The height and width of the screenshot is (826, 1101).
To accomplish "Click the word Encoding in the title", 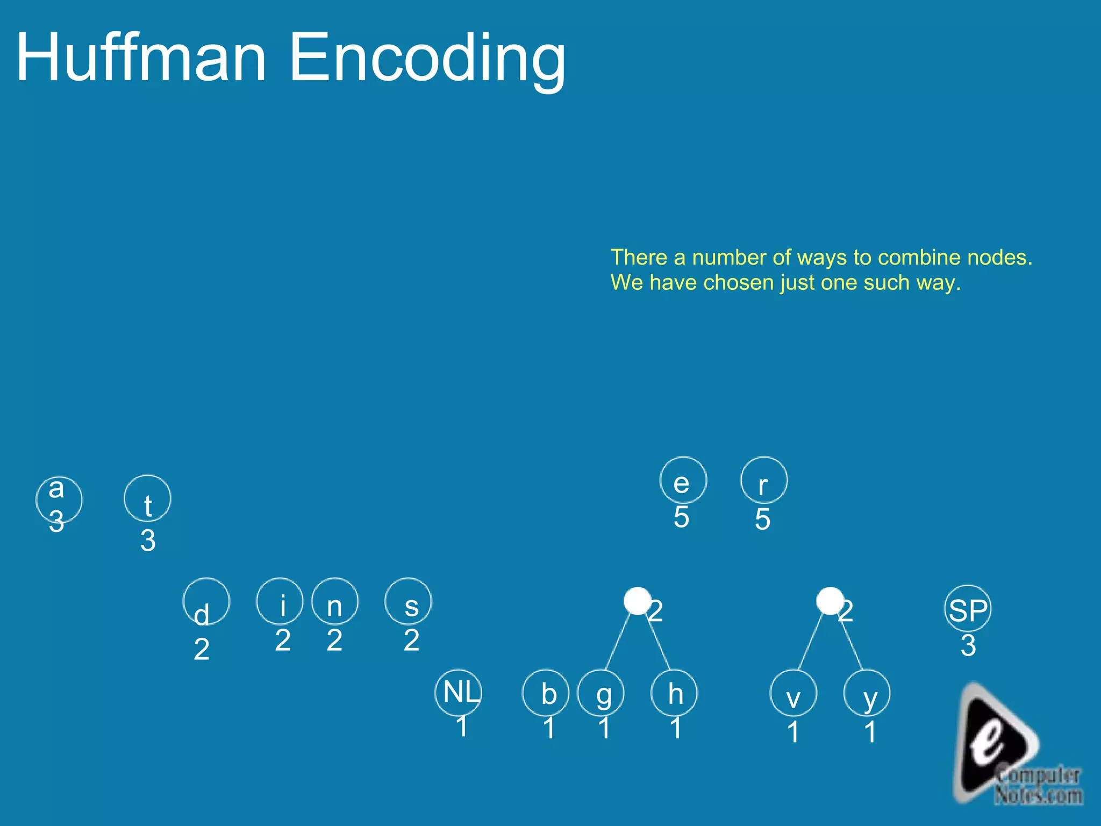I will point(427,58).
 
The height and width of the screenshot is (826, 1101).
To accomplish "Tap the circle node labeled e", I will point(683,480).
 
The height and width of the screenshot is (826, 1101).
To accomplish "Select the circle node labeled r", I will point(763,480).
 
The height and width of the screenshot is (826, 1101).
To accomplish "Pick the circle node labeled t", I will point(147,499).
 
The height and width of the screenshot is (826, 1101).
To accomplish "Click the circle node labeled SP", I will point(968,608).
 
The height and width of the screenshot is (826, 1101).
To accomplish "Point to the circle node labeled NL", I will point(459,693).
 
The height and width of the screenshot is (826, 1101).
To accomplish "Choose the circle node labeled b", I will point(546,693).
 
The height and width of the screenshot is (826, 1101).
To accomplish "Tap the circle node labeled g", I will point(601,693).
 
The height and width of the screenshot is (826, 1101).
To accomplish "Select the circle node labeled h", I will point(674,693).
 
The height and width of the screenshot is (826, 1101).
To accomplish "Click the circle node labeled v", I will point(793,693).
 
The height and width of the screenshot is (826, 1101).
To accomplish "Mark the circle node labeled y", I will point(867,693).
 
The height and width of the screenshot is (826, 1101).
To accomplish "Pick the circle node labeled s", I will point(408,601).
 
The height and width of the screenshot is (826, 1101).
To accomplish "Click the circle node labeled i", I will point(280,601).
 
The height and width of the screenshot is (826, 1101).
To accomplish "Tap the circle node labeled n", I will point(334,601).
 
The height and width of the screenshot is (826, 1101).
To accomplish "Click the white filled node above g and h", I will point(638,601).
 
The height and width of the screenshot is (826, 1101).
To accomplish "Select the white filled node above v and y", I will point(830,601).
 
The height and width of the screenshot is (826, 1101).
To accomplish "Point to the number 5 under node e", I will point(681,517).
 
